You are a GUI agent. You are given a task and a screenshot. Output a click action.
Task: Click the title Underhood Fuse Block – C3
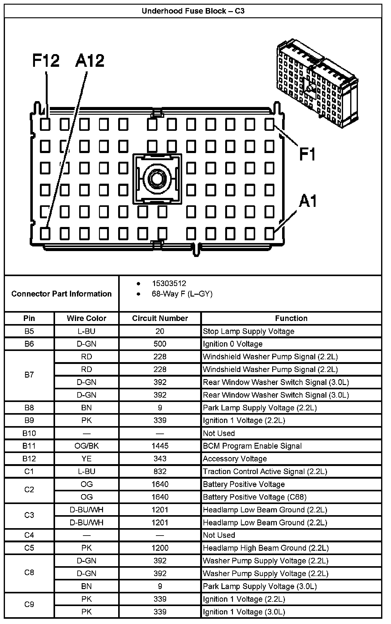(193, 11)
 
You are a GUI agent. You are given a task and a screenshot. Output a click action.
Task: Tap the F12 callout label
(46, 60)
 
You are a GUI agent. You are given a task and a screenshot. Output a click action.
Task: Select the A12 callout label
(90, 60)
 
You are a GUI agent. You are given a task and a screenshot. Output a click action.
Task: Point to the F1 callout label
(307, 154)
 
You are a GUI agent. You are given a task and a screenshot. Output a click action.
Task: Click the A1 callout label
(308, 201)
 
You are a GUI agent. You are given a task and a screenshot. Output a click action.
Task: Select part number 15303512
(169, 283)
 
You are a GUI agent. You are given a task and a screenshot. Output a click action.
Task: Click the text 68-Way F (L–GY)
(182, 294)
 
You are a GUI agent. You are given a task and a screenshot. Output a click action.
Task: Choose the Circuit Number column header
(160, 318)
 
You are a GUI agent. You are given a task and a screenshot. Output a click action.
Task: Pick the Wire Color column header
(86, 318)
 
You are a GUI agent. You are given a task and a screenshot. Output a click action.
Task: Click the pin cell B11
(29, 446)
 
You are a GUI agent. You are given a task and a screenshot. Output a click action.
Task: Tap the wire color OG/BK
(86, 446)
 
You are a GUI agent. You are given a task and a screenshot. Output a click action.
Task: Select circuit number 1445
(160, 446)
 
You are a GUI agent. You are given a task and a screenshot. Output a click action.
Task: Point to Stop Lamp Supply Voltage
(248, 331)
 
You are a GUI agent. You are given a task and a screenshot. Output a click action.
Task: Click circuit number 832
(160, 471)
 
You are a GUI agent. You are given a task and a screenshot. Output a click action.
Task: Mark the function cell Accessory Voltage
(235, 459)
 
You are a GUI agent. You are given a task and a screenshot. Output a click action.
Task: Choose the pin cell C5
(29, 548)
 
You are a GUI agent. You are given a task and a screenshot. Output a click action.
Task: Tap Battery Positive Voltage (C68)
(255, 497)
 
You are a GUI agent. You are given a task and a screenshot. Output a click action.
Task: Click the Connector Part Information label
(61, 294)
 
